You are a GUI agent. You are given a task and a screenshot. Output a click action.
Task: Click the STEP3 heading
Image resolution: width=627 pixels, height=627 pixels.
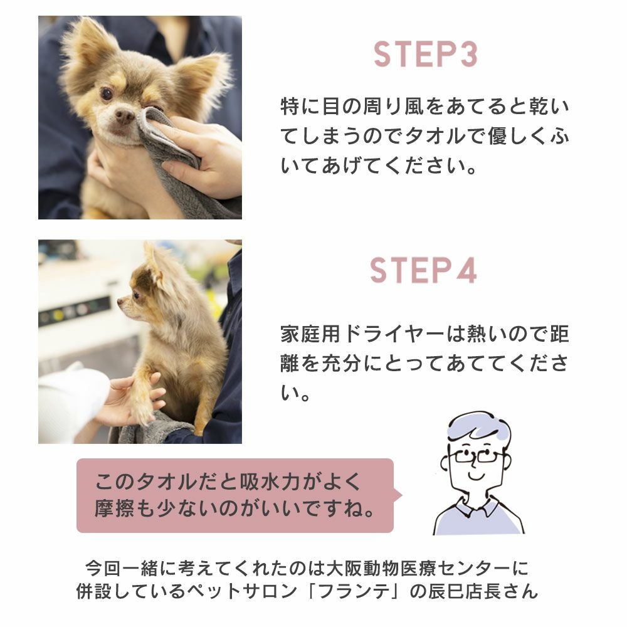click(x=426, y=55)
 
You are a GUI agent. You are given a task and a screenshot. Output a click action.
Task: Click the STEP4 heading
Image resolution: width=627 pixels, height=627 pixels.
click(x=423, y=271)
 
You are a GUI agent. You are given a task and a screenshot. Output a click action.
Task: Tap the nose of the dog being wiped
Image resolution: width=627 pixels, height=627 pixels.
click(x=124, y=116)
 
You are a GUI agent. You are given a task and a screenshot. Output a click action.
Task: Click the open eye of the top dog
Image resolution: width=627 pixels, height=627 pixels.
click(x=107, y=94)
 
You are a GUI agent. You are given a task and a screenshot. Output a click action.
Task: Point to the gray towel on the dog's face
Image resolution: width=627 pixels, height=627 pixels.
click(x=176, y=160)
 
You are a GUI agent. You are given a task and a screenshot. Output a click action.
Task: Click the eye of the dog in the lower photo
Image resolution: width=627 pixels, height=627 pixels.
click(x=136, y=295)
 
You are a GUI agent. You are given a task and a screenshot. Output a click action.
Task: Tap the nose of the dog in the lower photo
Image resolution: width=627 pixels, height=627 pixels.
click(x=120, y=302)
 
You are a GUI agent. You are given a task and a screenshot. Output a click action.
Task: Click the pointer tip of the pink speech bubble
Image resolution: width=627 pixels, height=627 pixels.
click(x=402, y=495)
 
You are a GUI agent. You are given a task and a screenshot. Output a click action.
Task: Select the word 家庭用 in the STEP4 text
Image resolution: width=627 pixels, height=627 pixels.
click(x=310, y=334)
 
